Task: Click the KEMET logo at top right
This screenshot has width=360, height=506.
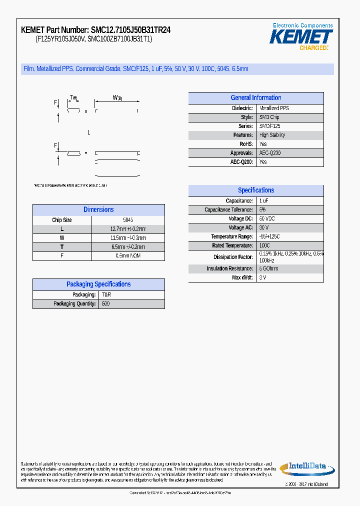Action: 301,36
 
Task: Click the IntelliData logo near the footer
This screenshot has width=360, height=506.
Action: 306,467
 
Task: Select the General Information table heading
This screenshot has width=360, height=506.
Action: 255,98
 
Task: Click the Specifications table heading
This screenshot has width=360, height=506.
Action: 255,190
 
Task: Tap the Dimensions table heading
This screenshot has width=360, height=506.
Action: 98,210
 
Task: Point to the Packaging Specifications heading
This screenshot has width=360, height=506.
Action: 98,284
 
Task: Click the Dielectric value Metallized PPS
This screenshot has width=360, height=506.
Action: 274,108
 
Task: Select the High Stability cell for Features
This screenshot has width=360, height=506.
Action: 272,135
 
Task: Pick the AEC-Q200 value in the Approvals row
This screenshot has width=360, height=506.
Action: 269,153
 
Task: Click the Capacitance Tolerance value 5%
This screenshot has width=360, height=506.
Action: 262,210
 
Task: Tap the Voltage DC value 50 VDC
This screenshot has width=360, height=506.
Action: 266,219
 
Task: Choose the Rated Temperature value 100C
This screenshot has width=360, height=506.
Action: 264,246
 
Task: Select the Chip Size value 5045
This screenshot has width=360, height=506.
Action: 127,220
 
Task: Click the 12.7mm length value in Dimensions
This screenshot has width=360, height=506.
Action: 127,229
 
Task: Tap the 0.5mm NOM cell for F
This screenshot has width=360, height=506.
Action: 127,256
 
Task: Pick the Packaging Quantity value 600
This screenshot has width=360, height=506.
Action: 105,304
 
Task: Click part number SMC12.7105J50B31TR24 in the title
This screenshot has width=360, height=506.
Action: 130,30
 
